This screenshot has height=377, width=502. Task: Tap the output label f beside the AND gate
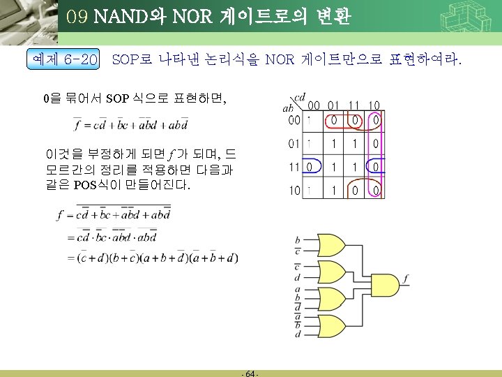point(406,280)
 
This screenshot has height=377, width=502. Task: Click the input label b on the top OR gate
point(298,239)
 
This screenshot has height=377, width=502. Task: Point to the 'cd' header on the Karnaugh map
point(301,97)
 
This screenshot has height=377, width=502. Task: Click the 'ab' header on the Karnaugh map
point(287,109)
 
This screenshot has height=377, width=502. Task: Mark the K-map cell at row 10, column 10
point(375,191)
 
